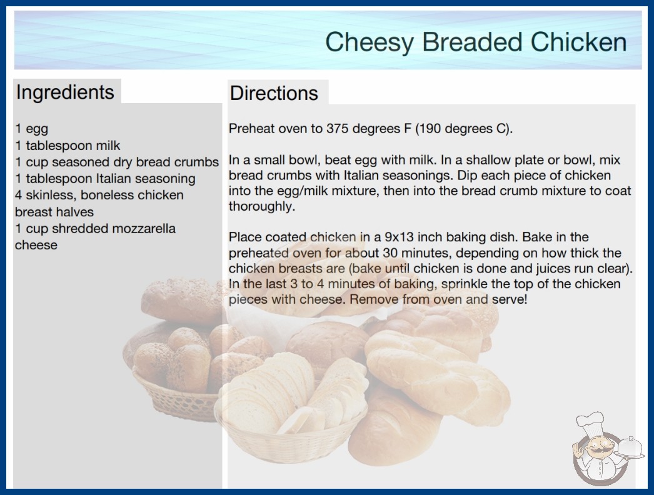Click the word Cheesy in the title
coord(369,42)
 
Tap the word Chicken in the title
coord(578,42)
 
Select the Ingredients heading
coord(65,92)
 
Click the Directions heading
coord(274,93)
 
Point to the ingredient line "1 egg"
coord(32,129)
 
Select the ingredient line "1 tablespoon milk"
coord(68,145)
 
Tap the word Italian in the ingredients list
coord(113,179)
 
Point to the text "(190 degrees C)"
coord(464,129)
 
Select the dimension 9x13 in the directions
coord(399,237)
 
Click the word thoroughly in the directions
coord(261,206)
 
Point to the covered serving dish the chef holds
coord(630,447)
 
